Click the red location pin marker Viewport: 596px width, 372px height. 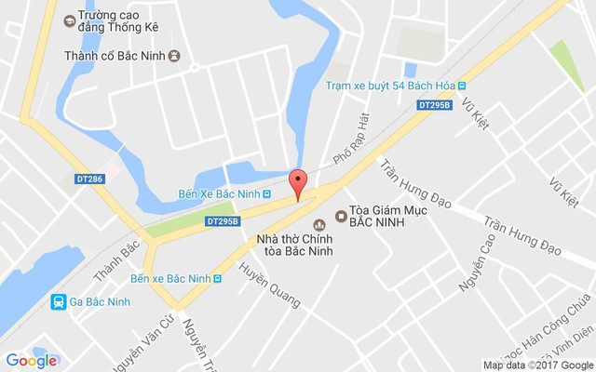point(298,183)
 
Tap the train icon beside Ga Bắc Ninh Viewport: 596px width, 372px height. point(58,301)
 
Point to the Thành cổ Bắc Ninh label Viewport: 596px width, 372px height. point(115,56)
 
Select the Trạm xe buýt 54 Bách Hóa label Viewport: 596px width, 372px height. point(388,86)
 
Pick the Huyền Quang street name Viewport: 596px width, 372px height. point(269,285)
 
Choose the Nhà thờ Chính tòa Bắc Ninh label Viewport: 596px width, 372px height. point(295,245)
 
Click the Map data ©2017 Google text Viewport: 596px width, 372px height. point(537,365)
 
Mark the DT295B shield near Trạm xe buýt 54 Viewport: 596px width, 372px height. point(435,106)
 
